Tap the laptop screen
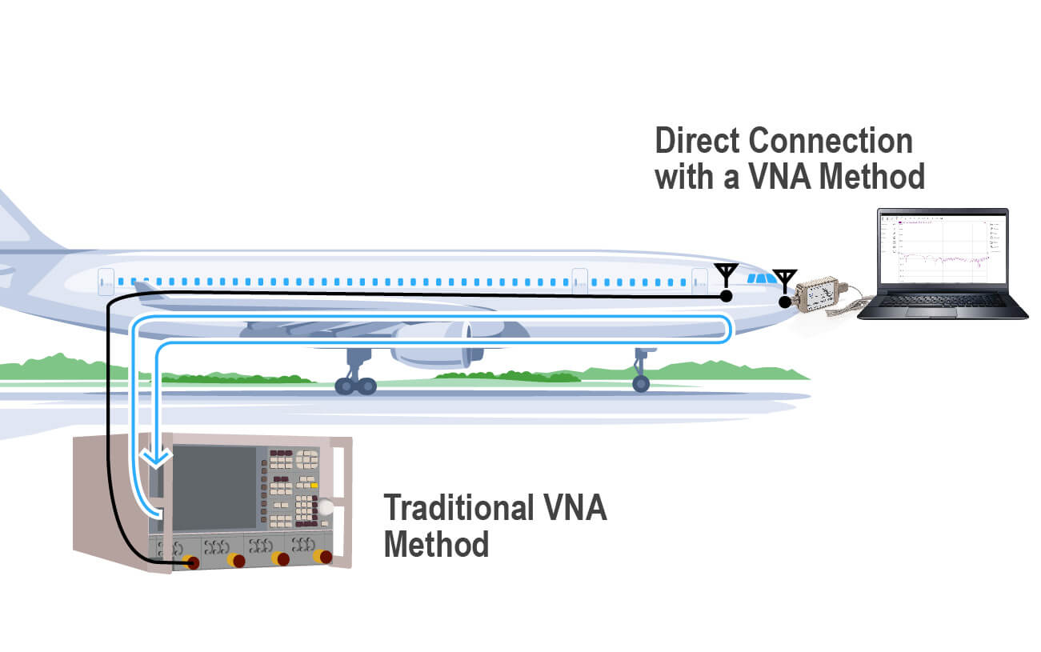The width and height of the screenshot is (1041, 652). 941,250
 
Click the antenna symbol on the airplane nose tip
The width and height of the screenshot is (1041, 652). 784,280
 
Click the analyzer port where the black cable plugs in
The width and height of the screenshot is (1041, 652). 192,562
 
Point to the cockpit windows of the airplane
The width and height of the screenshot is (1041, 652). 761,278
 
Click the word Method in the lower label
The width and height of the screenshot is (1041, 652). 436,546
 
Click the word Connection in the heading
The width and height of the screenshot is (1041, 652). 831,141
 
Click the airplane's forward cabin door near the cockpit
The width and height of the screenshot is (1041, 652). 699,281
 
